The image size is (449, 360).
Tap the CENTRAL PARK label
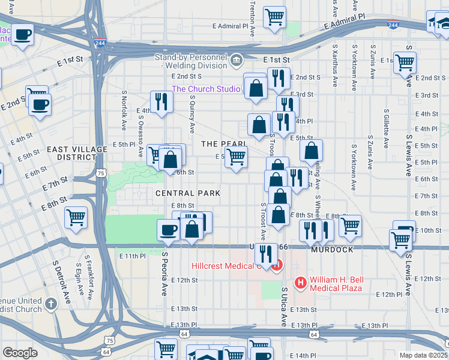188,193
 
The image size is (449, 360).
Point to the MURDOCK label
332,250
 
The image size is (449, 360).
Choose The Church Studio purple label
206,89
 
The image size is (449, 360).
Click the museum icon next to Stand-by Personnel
237,59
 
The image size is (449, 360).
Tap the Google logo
20,353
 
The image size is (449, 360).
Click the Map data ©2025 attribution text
423,355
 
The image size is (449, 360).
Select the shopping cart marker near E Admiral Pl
274,17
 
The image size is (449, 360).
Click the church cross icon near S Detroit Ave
50,303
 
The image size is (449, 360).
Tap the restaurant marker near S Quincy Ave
160,101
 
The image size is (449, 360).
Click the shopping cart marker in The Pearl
236,157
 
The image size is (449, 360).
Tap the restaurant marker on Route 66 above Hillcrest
265,254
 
